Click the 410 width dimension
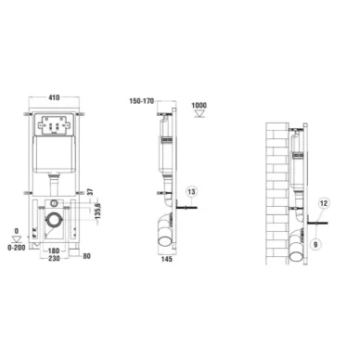coord(54,97)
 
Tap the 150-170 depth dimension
coord(142,101)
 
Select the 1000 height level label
coord(199,106)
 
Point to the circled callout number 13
coord(191,192)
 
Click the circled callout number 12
coord(324,203)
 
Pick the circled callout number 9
coord(315,245)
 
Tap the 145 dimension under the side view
coord(167,259)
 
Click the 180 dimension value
coord(54,251)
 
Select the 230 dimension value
coord(54,258)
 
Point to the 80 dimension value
coord(86,256)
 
